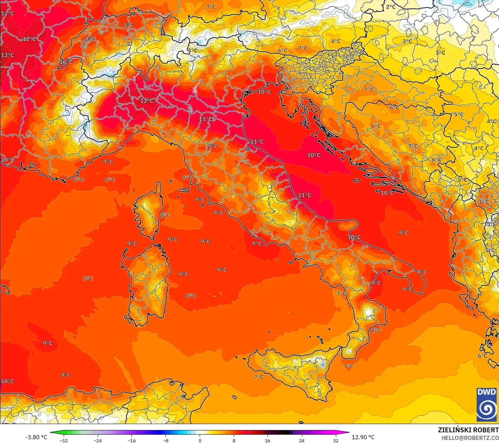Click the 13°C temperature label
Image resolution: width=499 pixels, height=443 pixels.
coord(7,55)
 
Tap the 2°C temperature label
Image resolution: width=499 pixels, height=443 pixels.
coord(391,7)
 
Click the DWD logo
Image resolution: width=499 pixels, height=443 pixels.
coord(487,404)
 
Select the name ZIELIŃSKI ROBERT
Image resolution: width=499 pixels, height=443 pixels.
coord(468,430)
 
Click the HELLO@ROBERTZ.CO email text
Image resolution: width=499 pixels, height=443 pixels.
coord(470,438)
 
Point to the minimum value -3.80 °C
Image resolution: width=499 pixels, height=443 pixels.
coord(36,437)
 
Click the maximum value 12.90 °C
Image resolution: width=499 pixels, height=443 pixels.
coord(363,437)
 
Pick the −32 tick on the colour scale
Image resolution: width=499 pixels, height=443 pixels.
coord(64,441)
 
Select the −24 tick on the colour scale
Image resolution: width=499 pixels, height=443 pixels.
coord(98,441)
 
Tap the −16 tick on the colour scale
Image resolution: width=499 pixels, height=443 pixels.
coord(132,441)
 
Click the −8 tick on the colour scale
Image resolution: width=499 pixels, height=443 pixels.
coord(166,441)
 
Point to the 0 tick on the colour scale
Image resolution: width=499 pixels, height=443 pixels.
coord(200,441)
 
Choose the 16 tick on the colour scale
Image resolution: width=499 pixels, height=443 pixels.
coord(268,441)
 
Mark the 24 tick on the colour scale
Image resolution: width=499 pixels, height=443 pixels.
coord(302,441)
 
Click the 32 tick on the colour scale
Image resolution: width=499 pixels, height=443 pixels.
coord(336,441)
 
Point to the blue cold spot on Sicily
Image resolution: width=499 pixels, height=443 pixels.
coord(322,364)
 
